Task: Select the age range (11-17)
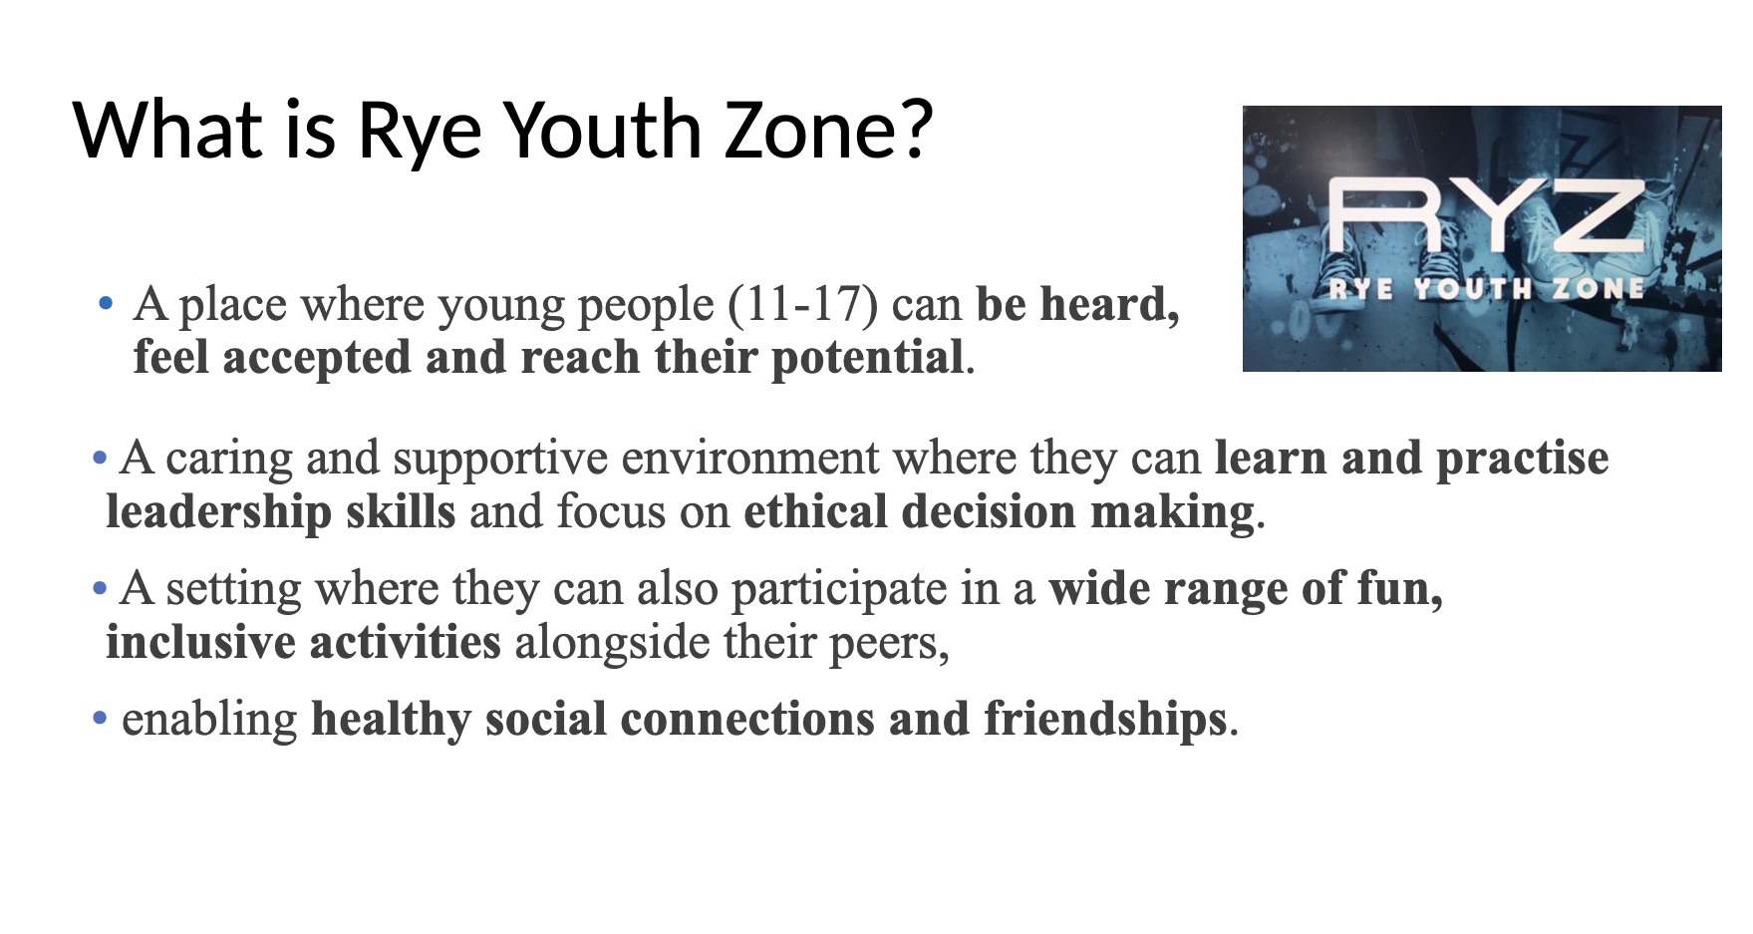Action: coord(803,304)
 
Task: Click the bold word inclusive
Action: coord(199,642)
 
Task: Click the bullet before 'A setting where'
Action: coord(99,588)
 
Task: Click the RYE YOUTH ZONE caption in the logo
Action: coord(1486,289)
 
